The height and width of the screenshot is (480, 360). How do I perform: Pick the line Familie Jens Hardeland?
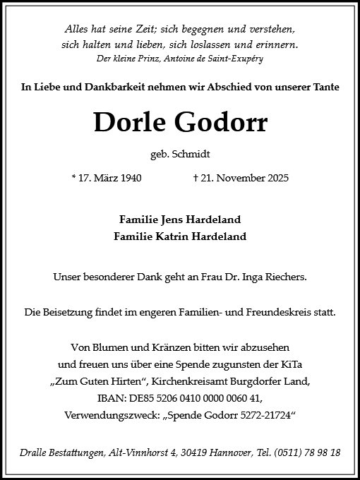coord(180,220)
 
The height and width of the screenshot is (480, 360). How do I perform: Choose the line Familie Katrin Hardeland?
coord(180,236)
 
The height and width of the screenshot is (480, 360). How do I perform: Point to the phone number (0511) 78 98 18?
coord(309,452)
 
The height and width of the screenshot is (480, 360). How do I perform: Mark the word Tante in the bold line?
coord(325,87)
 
